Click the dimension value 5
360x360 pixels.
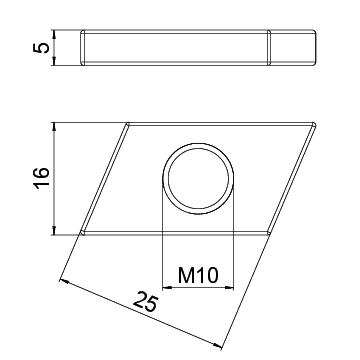tap(41, 48)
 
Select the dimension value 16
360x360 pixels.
tap(42, 179)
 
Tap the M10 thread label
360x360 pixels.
tap(198, 275)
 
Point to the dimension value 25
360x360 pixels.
tap(146, 301)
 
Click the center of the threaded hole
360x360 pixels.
tap(198, 179)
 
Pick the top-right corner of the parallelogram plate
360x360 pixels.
tap(314, 125)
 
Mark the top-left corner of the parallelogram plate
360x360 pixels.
tap(127, 125)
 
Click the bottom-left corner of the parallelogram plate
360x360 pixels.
tap(83, 233)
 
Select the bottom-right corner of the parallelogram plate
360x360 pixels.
tap(269, 233)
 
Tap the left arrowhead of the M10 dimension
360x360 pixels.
tap(167, 287)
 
